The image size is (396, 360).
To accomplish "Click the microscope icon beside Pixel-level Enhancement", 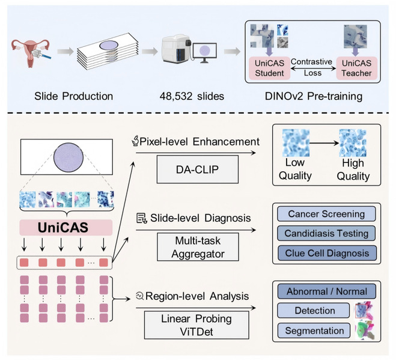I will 136,142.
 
